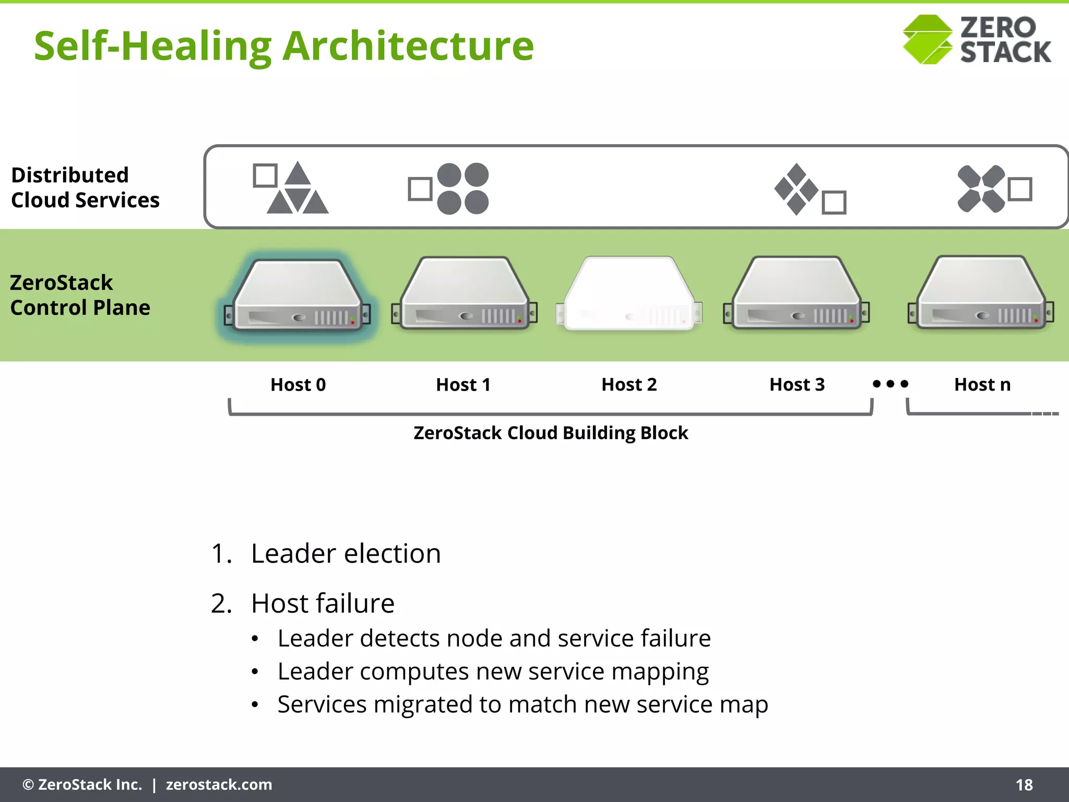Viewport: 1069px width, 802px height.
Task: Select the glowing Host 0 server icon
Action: (297, 296)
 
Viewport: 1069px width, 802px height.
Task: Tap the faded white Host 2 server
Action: (629, 293)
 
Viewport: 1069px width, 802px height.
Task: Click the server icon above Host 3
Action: (796, 293)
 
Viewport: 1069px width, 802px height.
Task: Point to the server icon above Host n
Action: (981, 293)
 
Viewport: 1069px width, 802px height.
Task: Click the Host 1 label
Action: (463, 385)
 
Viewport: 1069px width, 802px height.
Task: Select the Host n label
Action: (982, 385)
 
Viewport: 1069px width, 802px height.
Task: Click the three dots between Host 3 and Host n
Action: (890, 384)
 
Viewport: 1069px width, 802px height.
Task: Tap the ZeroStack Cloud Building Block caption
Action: (551, 433)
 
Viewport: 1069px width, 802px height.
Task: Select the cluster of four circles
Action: (462, 188)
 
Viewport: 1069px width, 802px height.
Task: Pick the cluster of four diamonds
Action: (796, 189)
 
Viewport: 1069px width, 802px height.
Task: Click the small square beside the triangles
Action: (265, 175)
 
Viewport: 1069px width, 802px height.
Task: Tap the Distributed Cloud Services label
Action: (85, 187)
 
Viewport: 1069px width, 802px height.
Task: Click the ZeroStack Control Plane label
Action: (80, 295)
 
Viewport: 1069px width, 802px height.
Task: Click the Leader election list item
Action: (345, 553)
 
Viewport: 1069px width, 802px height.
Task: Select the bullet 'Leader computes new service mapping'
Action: (493, 671)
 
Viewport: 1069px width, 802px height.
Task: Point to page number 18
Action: (1024, 785)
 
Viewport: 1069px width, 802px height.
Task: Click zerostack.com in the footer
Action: (219, 785)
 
